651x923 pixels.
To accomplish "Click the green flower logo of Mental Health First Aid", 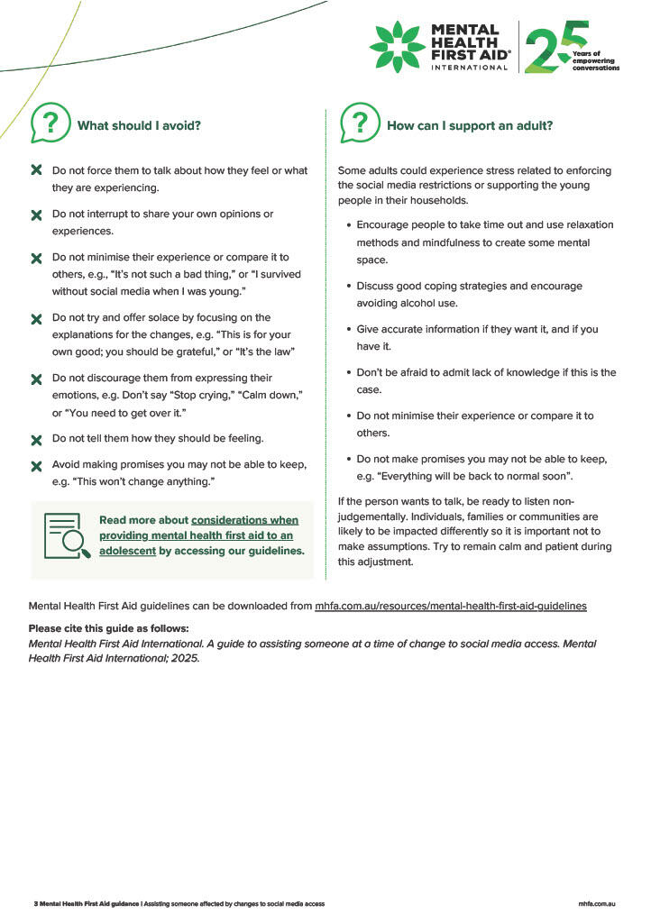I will point(397,47).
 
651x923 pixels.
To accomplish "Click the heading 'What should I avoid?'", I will point(139,126).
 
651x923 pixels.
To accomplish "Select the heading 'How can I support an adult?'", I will point(470,126).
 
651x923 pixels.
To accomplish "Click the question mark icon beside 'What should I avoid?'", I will point(50,123).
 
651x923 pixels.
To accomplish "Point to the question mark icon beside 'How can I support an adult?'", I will point(360,123).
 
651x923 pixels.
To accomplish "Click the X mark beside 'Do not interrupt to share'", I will point(37,215).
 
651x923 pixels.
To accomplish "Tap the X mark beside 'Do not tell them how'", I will point(37,440).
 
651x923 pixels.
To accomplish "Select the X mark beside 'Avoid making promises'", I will point(37,466).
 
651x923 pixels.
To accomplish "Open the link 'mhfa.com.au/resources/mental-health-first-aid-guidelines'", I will point(450,607).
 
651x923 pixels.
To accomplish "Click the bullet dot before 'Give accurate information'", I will point(348,330).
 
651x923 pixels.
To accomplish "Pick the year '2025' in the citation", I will point(183,658).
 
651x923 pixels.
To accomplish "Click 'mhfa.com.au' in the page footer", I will point(596,903).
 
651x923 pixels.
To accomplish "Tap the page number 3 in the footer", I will point(35,903).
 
